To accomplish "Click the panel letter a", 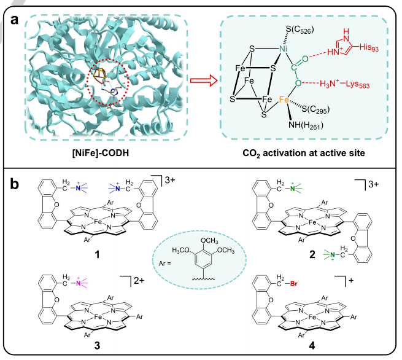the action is [14, 20].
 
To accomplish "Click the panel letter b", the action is [15, 183].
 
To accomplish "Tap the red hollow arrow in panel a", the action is [204, 80].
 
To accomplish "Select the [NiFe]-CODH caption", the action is [101, 153].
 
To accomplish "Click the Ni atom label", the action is [283, 49].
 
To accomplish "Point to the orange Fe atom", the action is [284, 100].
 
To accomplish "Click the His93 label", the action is [369, 47].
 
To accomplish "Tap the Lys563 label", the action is [358, 84].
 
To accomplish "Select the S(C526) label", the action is [300, 30].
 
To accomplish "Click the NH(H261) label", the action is [306, 125].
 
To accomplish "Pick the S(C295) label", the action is [315, 109].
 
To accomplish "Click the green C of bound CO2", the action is [294, 68].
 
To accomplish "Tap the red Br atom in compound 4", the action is [293, 284].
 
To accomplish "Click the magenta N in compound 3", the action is [78, 283].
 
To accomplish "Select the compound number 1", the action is [97, 254].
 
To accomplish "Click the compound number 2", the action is [312, 254].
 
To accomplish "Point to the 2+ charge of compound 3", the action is [139, 280].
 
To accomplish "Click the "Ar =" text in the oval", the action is [165, 264].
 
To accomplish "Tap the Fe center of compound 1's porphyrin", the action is [98, 221].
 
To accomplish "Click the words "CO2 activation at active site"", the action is [304, 153].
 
